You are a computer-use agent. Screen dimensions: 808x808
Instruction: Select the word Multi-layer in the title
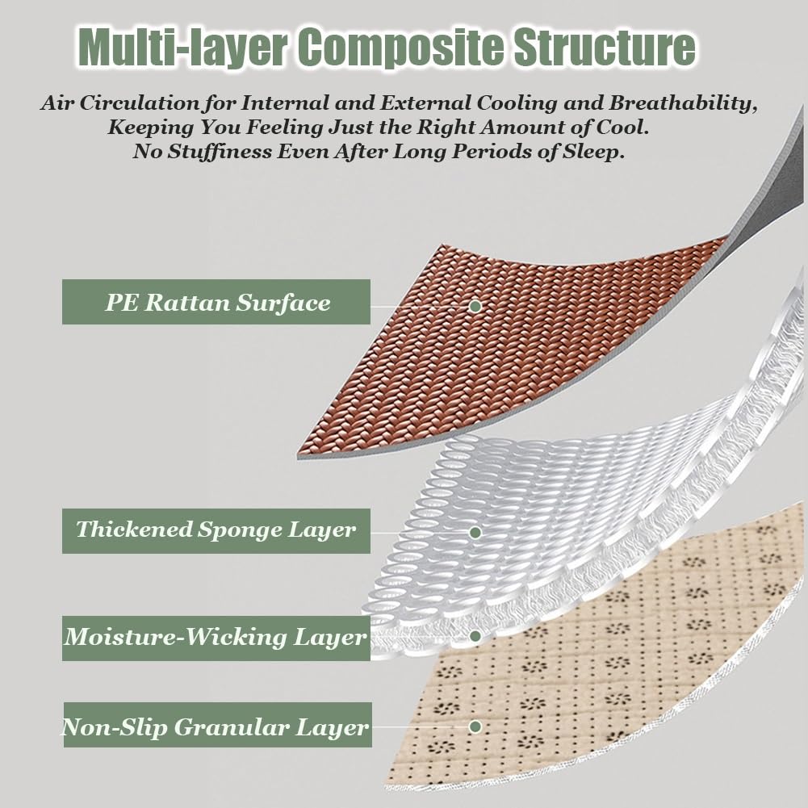[182, 48]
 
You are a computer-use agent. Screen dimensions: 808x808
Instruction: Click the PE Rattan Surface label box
[216, 302]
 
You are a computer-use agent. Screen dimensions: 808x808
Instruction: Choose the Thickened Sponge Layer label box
[216, 531]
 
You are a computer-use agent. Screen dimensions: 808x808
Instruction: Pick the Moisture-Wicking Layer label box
[216, 638]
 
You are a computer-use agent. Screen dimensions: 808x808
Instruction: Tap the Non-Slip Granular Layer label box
[217, 725]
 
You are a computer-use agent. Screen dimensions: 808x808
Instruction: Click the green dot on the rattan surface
[475, 306]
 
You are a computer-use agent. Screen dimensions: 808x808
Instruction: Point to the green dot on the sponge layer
[475, 532]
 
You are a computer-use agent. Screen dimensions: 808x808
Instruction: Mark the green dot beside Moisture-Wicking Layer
[475, 636]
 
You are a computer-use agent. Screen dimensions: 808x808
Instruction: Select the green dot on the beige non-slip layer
[475, 726]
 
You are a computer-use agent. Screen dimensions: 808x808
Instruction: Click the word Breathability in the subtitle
[683, 103]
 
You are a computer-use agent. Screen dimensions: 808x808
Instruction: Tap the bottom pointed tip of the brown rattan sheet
[299, 455]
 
